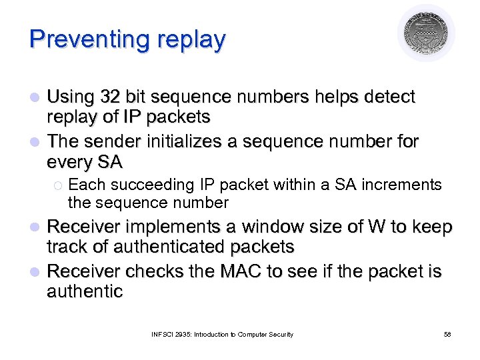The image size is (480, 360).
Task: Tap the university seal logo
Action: [426, 33]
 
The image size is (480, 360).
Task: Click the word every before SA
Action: [71, 162]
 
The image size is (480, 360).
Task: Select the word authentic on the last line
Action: [85, 291]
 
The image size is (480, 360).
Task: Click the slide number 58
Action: [447, 334]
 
